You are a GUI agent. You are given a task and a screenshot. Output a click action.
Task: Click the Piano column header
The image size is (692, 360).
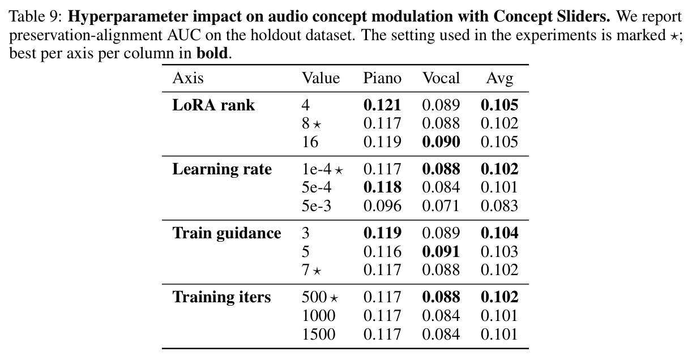click(x=382, y=78)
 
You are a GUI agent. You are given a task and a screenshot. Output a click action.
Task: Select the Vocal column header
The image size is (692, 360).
click(x=441, y=78)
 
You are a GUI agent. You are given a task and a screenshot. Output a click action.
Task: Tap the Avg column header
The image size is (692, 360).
click(x=499, y=79)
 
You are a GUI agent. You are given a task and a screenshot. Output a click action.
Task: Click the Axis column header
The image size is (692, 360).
click(x=188, y=78)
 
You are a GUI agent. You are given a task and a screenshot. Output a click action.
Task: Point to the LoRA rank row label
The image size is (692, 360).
click(x=213, y=105)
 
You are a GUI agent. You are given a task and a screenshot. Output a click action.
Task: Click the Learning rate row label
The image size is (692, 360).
click(x=222, y=170)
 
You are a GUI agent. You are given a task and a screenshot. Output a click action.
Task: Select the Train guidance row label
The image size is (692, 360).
click(x=227, y=233)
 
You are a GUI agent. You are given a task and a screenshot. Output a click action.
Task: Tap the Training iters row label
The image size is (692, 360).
click(x=221, y=297)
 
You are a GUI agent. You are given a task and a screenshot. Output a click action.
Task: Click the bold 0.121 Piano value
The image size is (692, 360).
click(x=382, y=105)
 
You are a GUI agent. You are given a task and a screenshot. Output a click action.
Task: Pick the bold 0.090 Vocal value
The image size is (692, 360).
click(x=441, y=142)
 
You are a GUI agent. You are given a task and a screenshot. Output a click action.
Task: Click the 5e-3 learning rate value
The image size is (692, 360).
click(x=317, y=206)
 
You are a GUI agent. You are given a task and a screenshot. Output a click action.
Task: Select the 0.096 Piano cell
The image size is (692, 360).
click(x=382, y=206)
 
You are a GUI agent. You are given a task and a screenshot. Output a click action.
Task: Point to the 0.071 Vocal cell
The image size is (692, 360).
click(x=441, y=206)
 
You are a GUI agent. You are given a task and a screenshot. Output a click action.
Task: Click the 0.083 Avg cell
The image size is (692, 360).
click(x=499, y=206)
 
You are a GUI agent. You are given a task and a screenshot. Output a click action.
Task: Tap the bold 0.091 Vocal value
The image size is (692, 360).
click(x=441, y=252)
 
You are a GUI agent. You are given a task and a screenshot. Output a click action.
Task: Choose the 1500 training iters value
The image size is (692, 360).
click(x=318, y=335)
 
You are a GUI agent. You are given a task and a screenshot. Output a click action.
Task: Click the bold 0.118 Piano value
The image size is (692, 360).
click(x=382, y=187)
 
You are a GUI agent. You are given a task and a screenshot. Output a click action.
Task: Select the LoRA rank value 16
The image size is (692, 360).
click(x=310, y=142)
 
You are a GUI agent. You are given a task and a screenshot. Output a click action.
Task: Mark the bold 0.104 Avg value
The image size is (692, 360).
click(x=499, y=233)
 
